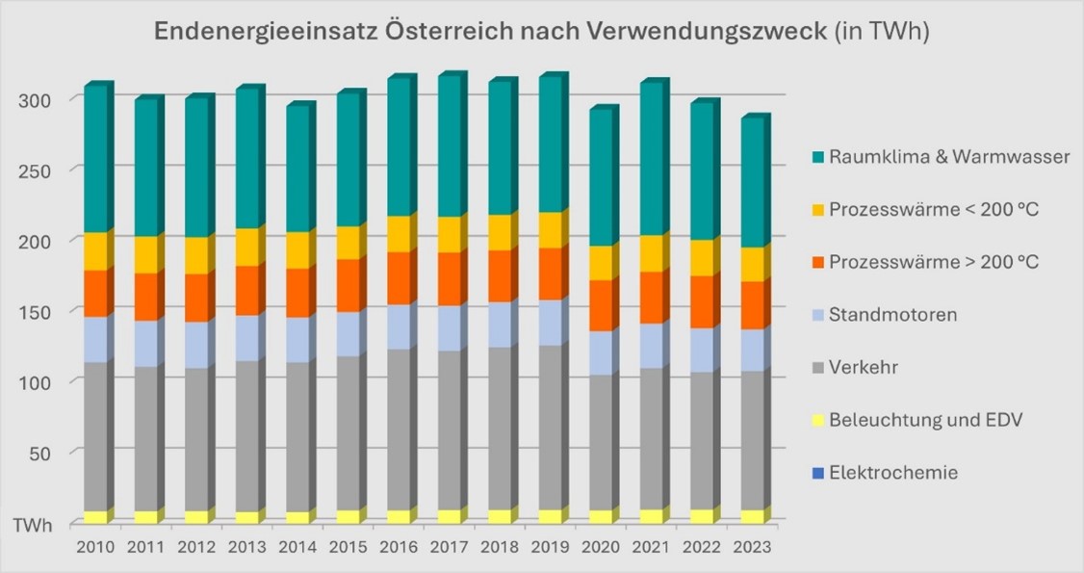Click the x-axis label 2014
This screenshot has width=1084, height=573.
click(297, 547)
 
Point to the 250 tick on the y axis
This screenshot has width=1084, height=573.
click(55, 169)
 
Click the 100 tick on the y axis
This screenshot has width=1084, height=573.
click(55, 382)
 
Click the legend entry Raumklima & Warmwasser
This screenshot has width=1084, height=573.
click(949, 156)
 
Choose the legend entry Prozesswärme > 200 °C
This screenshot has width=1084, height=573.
click(934, 262)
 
